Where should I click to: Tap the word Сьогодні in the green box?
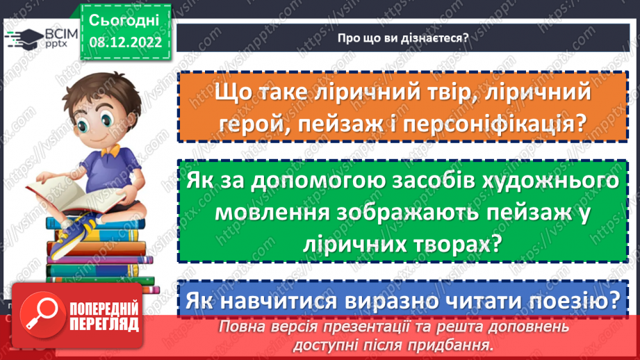(x=125, y=19)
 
